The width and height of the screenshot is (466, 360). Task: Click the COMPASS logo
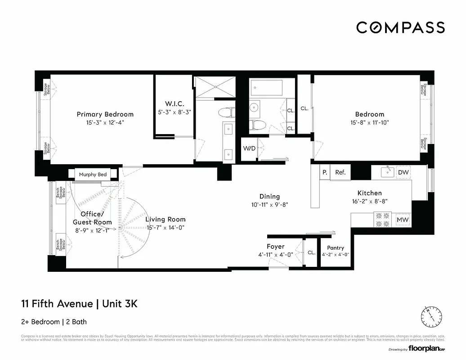click(x=400, y=27)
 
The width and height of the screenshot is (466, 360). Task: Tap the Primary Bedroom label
click(x=105, y=114)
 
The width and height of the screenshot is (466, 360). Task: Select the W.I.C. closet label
click(x=173, y=104)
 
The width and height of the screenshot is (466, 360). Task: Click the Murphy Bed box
click(x=93, y=174)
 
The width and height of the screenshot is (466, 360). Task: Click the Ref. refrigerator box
click(x=340, y=172)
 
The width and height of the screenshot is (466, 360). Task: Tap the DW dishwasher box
click(x=403, y=172)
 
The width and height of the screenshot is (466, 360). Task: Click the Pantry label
click(x=336, y=248)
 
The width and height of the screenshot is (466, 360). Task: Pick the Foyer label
click(x=275, y=247)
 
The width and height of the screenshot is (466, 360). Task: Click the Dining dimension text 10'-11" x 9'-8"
click(x=269, y=204)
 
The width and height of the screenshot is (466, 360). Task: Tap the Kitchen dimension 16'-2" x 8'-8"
click(x=369, y=202)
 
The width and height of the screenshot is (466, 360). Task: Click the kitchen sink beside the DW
click(x=387, y=172)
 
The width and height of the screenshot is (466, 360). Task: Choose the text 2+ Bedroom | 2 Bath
click(x=54, y=322)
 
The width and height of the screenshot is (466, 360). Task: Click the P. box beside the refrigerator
click(x=324, y=172)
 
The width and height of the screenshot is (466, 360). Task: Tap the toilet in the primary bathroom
click(x=225, y=112)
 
